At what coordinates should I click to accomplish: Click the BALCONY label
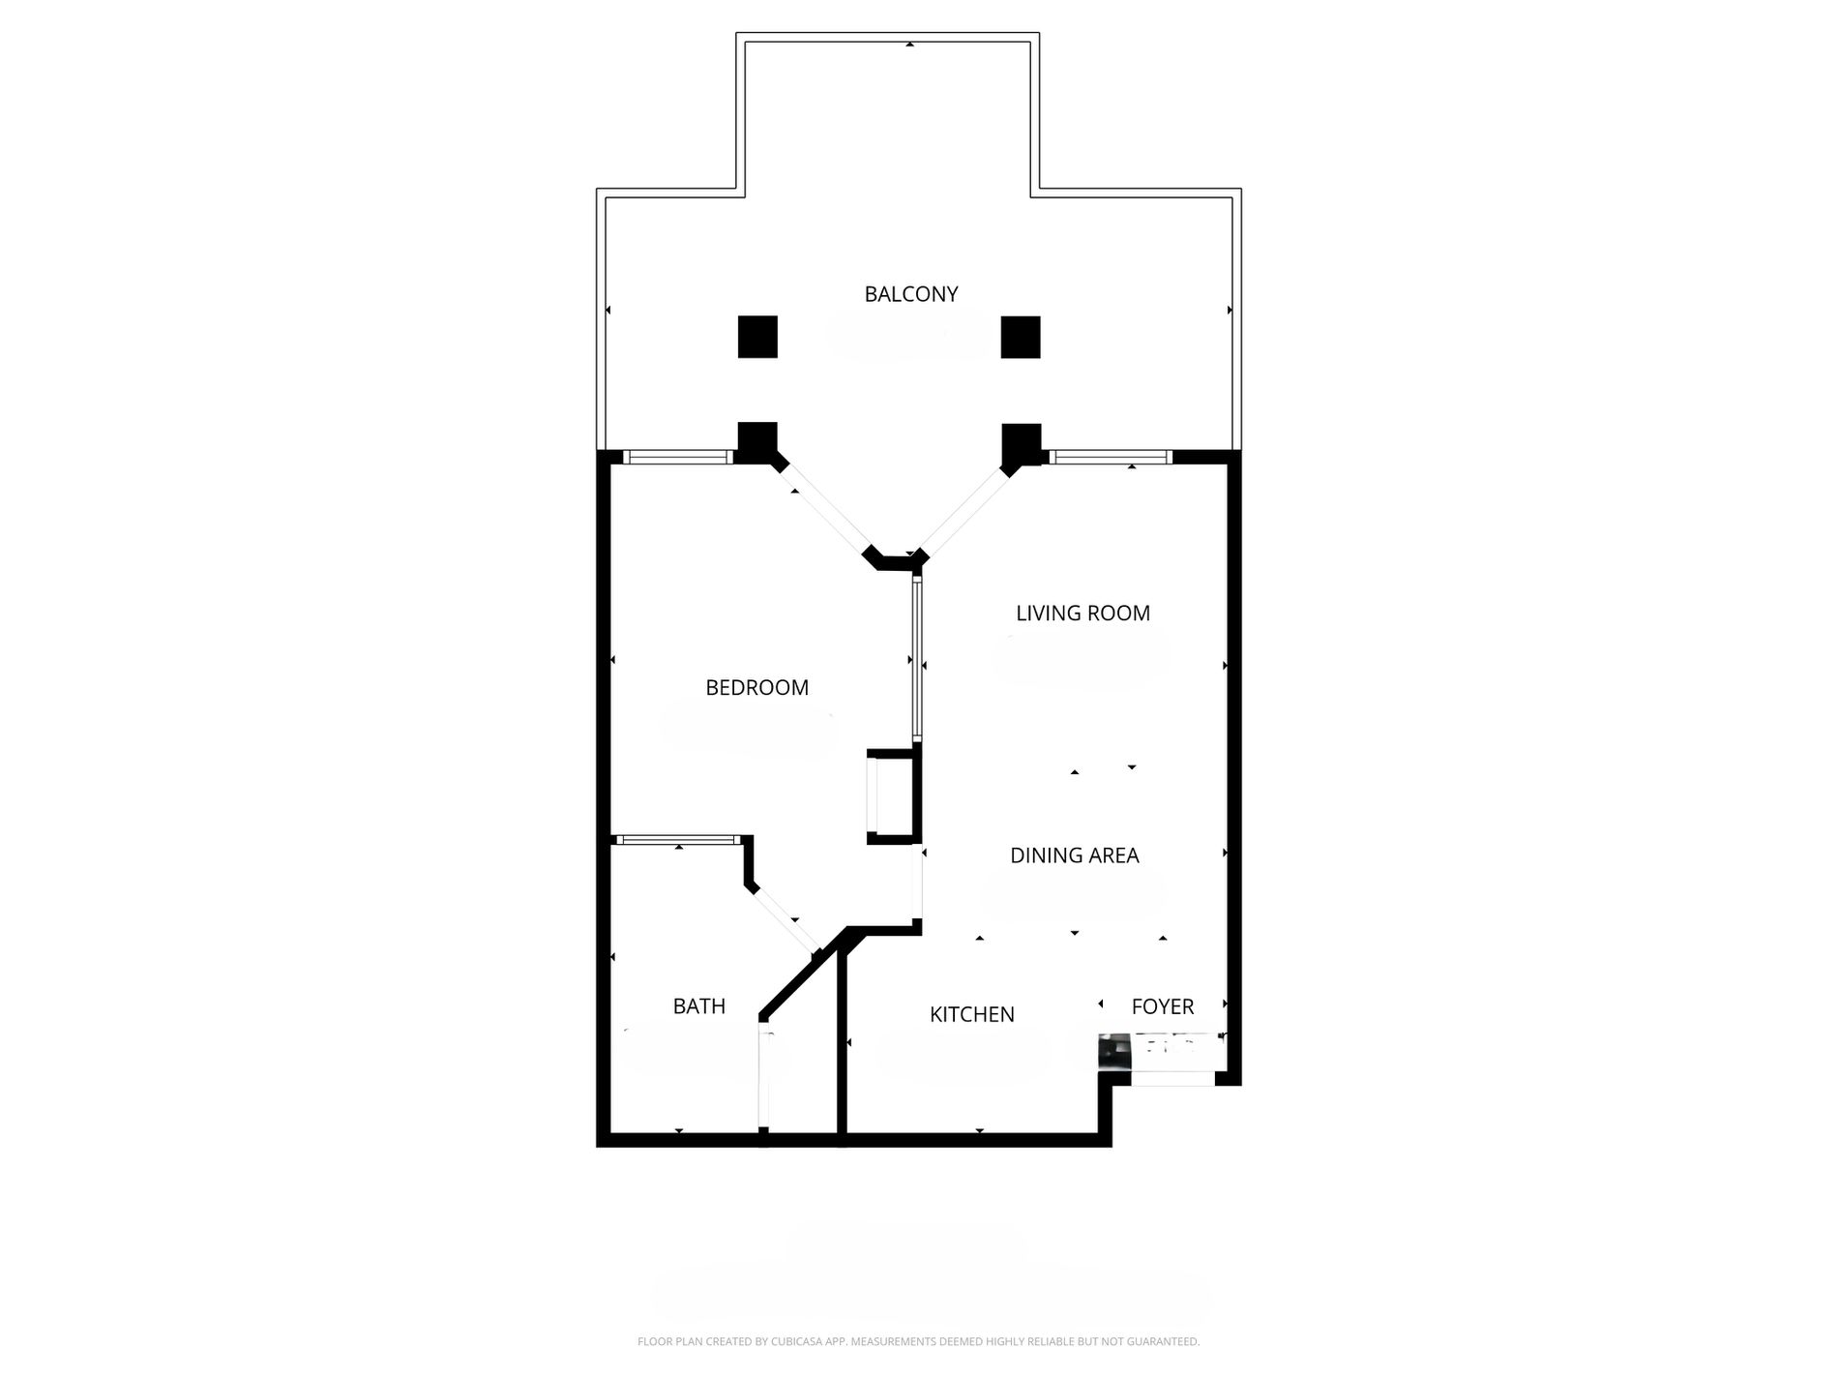910,294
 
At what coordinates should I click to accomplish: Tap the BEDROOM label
756,688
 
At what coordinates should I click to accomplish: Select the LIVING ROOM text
1082,614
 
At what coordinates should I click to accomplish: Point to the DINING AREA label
1074,855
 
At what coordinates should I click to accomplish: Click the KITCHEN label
971,1015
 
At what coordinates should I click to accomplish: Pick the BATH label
698,1007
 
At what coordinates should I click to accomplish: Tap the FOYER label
1162,1007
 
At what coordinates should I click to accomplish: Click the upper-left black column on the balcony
757,337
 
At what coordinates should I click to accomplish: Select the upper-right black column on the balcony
1021,337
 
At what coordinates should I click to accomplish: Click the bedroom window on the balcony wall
677,458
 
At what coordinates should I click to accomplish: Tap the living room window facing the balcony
1110,458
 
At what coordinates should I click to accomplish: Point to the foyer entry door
1172,1078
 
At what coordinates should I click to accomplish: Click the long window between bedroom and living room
916,660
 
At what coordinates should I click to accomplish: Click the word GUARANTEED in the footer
1170,1342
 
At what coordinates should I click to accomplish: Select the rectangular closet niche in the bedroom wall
891,797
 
